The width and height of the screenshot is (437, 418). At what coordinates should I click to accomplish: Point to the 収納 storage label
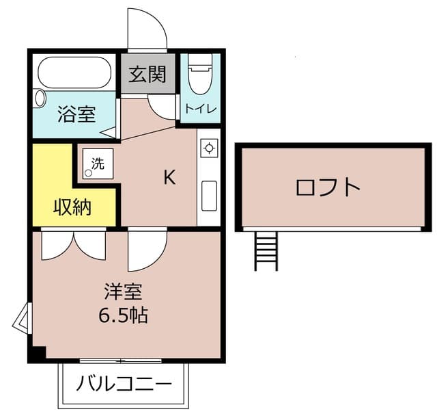72,207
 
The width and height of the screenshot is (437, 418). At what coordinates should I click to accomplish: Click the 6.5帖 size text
123,316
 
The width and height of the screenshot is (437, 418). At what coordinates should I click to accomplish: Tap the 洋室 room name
123,292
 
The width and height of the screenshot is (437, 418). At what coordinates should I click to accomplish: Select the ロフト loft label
328,187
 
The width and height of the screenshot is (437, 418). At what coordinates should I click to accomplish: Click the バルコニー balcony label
124,384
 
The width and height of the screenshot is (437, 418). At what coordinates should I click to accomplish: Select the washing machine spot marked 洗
97,164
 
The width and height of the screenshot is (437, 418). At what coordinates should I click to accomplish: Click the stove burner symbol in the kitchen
209,148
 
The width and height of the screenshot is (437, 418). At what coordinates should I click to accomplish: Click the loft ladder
266,251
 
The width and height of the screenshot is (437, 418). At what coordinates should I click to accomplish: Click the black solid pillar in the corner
37,355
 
